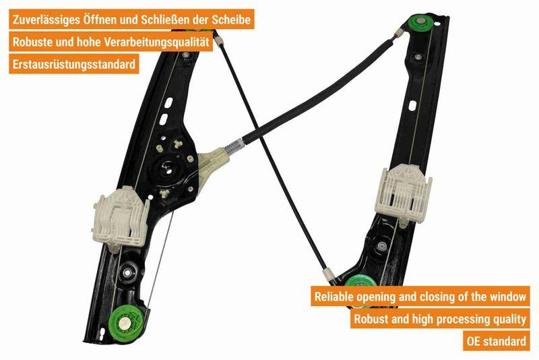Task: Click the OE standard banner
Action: coord(497,340)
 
